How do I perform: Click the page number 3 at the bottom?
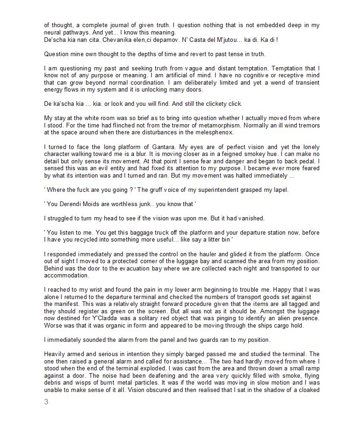pos(46,402)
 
